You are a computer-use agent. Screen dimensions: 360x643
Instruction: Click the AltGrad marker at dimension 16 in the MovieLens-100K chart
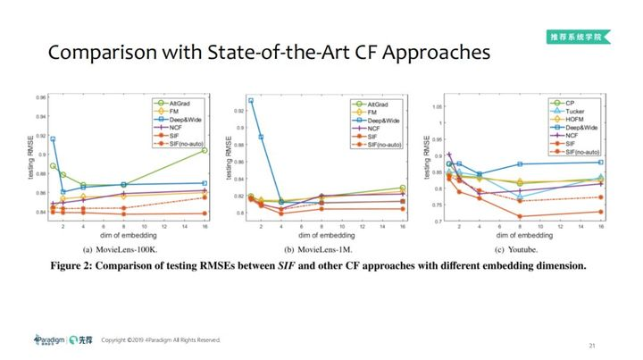(205, 150)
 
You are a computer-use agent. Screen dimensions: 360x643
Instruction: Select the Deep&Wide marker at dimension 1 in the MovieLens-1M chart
(251, 101)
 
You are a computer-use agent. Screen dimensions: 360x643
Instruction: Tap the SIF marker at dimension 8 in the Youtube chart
(520, 216)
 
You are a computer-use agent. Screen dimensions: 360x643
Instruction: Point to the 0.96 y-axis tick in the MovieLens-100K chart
(39, 96)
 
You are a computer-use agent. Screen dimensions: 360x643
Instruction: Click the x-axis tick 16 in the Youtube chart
(600, 229)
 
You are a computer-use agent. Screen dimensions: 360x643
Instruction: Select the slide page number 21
(592, 345)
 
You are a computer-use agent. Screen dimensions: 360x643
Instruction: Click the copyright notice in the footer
(161, 340)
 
